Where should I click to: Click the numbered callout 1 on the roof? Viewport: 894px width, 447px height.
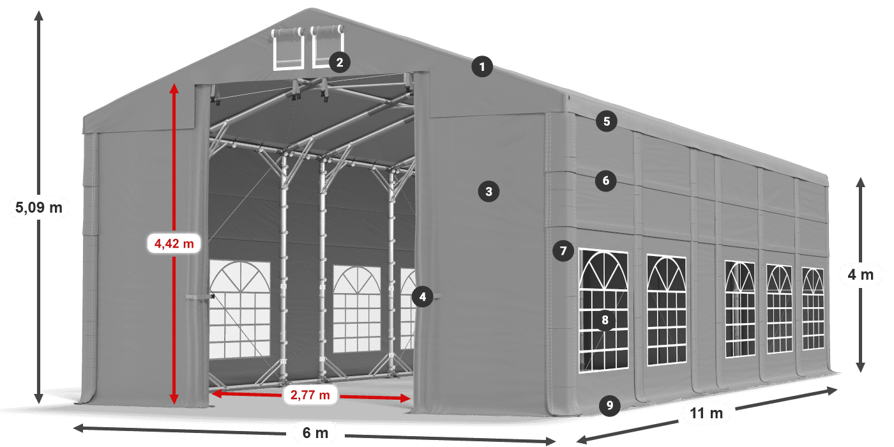483,66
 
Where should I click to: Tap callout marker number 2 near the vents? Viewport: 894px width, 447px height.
339,62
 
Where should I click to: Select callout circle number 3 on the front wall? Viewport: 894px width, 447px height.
489,190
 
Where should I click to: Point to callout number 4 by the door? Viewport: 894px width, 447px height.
422,296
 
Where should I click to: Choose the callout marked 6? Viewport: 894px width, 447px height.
606,181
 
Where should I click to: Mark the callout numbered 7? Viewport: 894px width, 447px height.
563,251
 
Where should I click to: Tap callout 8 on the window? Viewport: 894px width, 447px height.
605,319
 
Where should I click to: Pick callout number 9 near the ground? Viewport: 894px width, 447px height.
610,404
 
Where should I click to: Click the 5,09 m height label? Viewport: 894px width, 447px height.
38,208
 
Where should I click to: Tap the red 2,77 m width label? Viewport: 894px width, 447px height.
310,395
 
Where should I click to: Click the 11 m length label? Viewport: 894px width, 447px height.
706,413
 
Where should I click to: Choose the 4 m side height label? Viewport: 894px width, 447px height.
860,275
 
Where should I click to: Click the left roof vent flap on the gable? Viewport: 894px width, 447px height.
288,49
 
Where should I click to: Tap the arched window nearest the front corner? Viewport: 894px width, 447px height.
603,311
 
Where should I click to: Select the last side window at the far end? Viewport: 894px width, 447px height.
813,308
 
